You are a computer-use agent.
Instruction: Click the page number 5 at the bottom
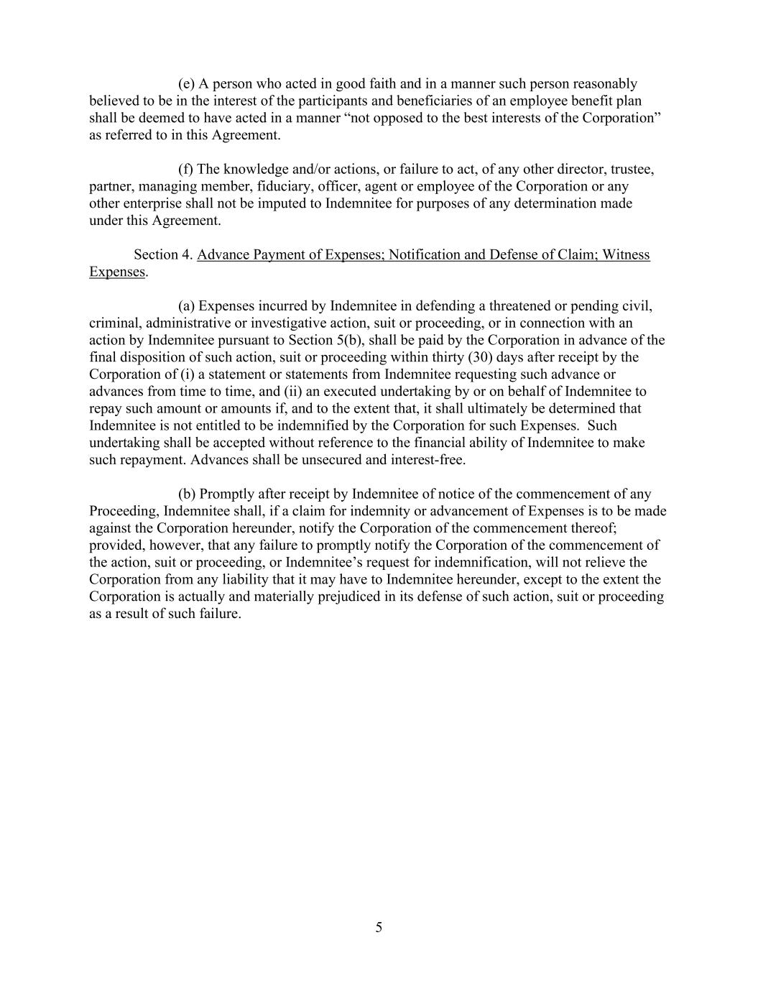click(379, 928)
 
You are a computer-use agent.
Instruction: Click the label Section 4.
click(163, 254)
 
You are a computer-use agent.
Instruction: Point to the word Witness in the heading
click(627, 254)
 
